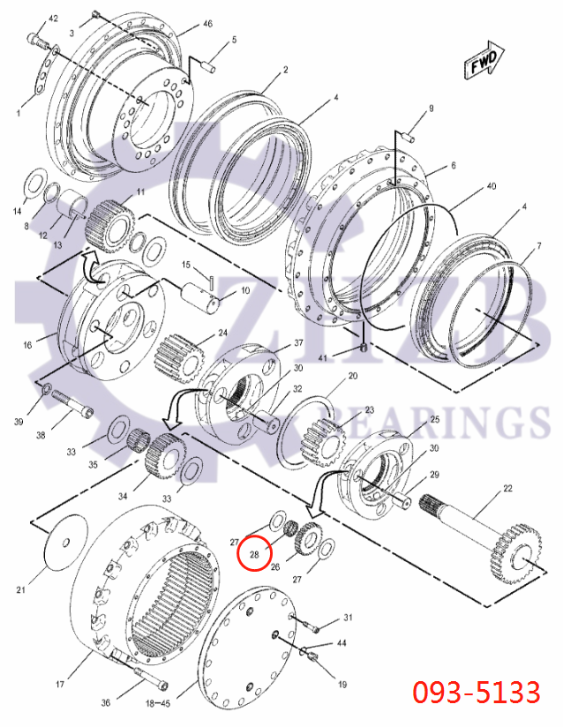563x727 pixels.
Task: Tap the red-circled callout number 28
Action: pos(254,554)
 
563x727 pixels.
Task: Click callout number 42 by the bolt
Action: pos(52,19)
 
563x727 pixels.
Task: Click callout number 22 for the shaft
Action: pos(507,489)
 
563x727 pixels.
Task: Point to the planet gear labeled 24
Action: pos(180,355)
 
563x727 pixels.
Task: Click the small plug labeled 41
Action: pos(363,349)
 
